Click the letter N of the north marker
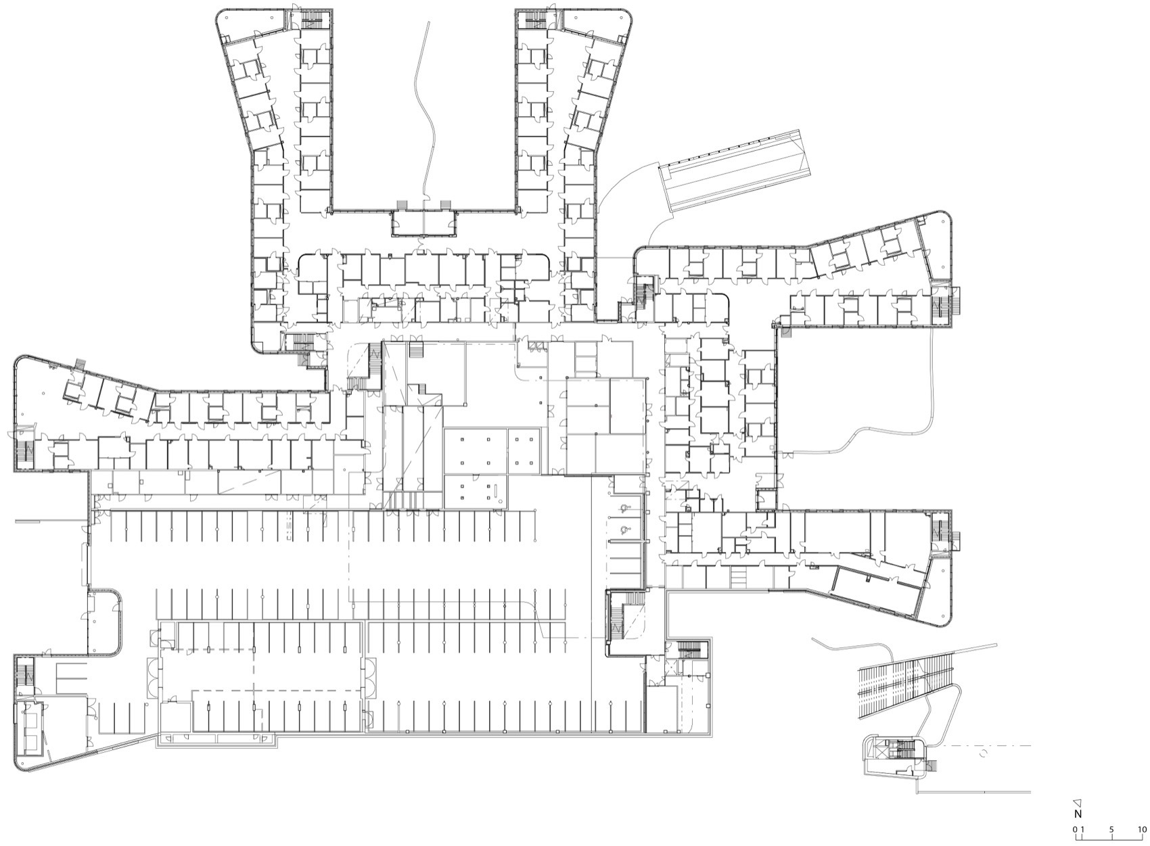[x=1078, y=814]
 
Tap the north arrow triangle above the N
[x=1078, y=802]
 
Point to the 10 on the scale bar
[x=1142, y=829]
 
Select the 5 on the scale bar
[x=1111, y=829]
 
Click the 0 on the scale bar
[x=1075, y=829]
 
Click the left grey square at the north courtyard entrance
[x=401, y=204]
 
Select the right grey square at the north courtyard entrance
[x=445, y=204]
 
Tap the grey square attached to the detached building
[x=932, y=766]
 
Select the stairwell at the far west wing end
[x=25, y=450]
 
